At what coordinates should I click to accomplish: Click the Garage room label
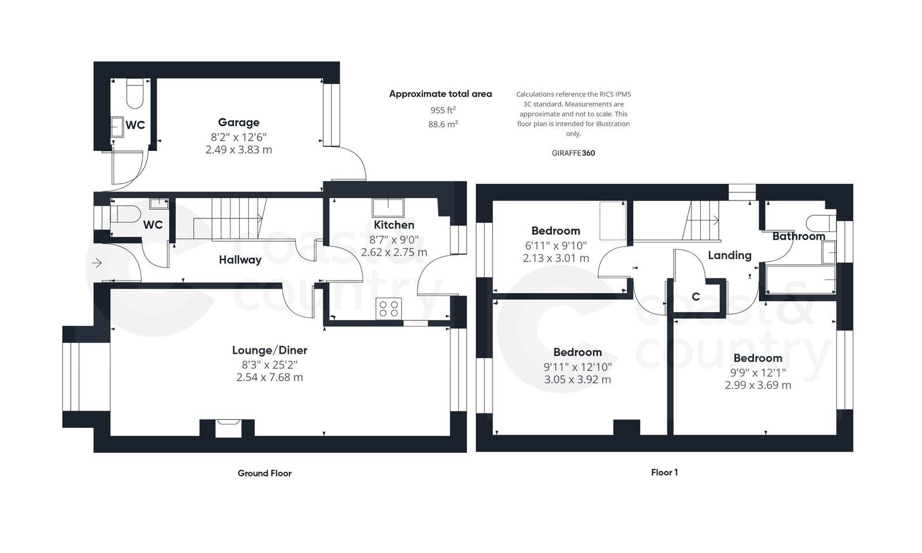point(239,122)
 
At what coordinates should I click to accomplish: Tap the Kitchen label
point(394,225)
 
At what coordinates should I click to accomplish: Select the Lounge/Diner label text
point(270,350)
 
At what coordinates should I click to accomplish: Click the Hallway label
point(240,260)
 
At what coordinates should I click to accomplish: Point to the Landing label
point(730,255)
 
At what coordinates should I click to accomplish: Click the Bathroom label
point(798,236)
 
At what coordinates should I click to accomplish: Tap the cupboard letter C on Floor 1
point(696,297)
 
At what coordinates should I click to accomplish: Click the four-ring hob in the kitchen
point(388,308)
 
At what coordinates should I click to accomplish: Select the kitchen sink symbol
point(388,207)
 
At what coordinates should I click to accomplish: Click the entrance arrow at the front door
point(97,263)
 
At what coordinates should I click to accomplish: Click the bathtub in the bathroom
point(800,280)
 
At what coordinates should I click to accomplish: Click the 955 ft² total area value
point(443,109)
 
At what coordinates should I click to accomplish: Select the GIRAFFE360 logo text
point(573,153)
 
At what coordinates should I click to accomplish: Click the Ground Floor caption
point(264,474)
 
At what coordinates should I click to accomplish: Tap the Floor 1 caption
point(664,472)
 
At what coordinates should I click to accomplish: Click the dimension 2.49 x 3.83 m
point(239,150)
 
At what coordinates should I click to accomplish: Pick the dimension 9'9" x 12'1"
point(758,373)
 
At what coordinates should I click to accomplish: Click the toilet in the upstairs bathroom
point(819,222)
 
